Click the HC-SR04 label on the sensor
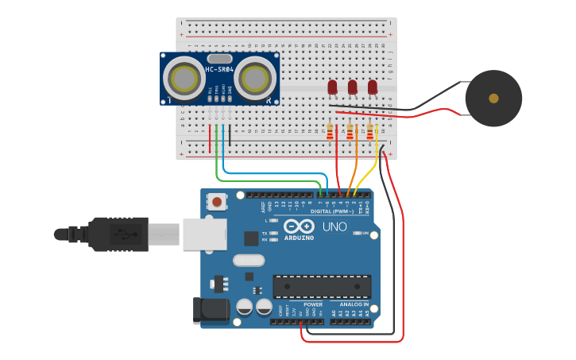coord(219,70)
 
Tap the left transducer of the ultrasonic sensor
coord(184,79)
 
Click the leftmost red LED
coord(332,86)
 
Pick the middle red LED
coord(353,86)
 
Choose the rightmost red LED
coord(373,86)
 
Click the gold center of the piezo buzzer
coord(493,99)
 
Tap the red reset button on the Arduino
coord(217,202)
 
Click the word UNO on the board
coord(334,226)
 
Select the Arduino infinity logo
coord(299,226)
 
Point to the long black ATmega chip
coord(322,286)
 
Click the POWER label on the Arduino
coord(312,304)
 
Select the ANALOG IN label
coord(355,304)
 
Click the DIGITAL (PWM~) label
coord(332,211)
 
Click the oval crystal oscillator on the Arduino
coord(248,260)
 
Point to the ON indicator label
coord(366,234)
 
